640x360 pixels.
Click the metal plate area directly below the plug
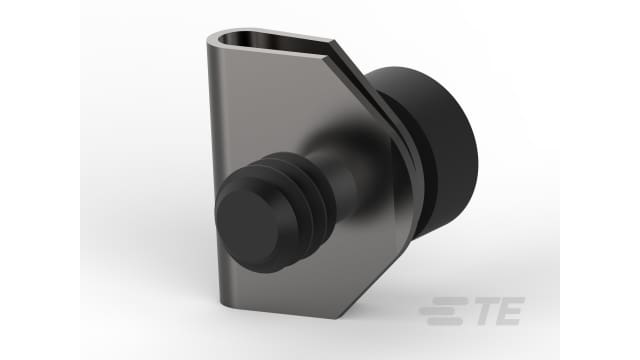280,290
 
